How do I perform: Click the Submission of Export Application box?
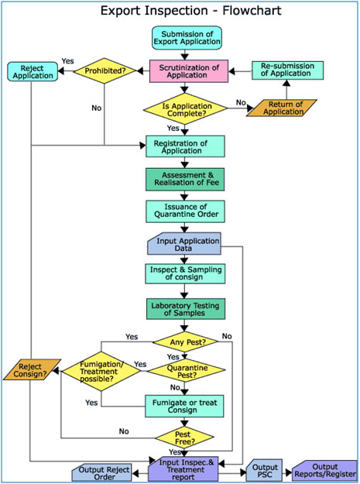click(187, 38)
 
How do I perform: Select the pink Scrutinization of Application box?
click(189, 71)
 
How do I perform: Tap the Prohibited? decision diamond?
click(105, 70)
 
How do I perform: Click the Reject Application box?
click(33, 71)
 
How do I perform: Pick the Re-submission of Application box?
click(287, 70)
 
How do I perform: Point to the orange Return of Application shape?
click(282, 108)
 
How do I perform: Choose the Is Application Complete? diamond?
click(185, 109)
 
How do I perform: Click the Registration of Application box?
click(185, 146)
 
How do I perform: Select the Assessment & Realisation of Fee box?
click(185, 180)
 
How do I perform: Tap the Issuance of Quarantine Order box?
click(185, 211)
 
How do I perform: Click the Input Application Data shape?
click(184, 243)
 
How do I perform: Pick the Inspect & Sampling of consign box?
click(185, 273)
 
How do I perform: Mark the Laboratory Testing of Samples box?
click(186, 309)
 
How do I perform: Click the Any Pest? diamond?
click(186, 342)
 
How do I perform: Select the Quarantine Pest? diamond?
click(186, 370)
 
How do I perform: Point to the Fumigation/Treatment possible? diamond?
click(101, 372)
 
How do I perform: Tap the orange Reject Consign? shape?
click(32, 369)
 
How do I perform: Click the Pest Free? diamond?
click(184, 438)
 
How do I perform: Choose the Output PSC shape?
click(264, 470)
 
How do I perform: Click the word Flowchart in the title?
click(252, 11)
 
